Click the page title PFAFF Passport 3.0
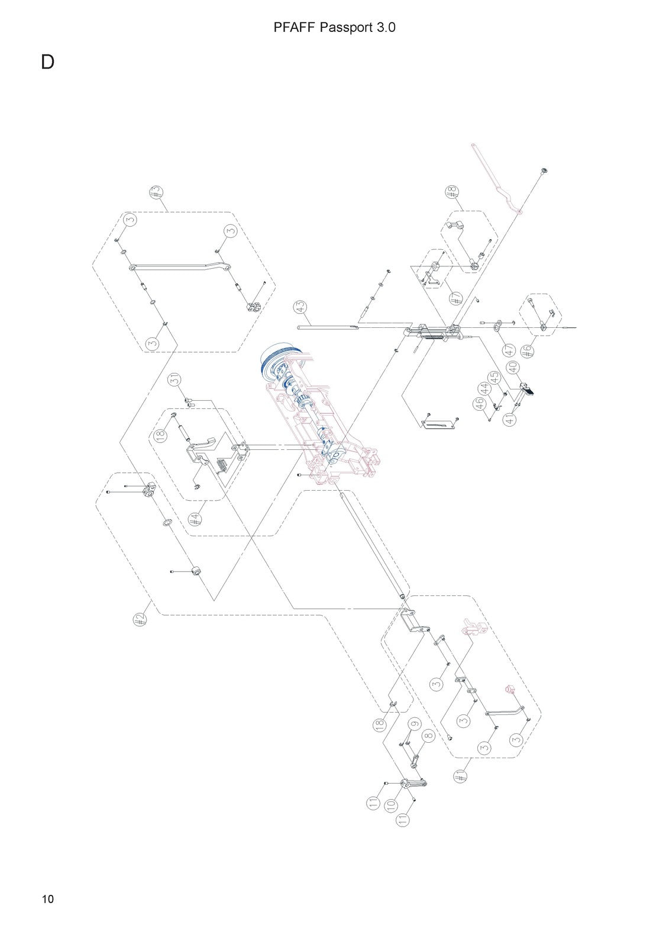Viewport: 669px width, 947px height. pos(334,27)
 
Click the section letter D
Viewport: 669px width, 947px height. pos(47,62)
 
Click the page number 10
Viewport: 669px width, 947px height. pos(48,899)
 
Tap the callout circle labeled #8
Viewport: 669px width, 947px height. pos(452,192)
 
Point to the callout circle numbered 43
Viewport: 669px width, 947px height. pos(300,307)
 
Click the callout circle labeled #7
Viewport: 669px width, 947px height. pos(455,298)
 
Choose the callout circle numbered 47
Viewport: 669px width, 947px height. pos(510,350)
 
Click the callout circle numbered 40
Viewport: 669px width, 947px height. pos(513,368)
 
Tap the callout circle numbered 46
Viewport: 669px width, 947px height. pos(480,404)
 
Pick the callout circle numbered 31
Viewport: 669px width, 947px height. pos(176,379)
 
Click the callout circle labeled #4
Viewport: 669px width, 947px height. pos(195,519)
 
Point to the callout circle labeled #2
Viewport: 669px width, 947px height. pos(140,620)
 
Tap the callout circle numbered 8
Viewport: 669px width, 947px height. pos(428,736)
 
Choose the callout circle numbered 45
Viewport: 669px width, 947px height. pos(493,376)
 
